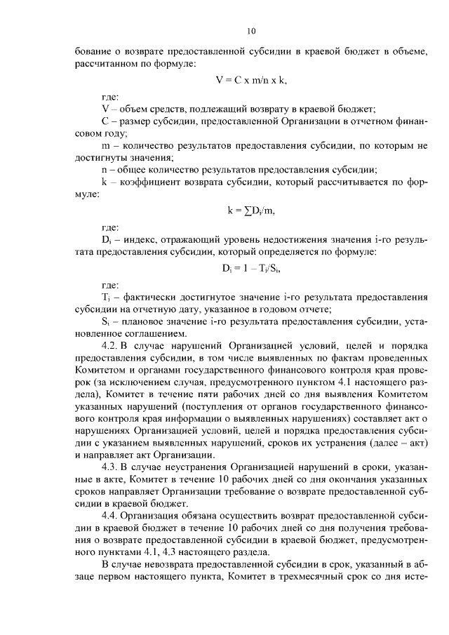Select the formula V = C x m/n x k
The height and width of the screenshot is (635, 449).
click(x=252, y=79)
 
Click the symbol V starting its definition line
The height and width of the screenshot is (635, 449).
click(x=105, y=109)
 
